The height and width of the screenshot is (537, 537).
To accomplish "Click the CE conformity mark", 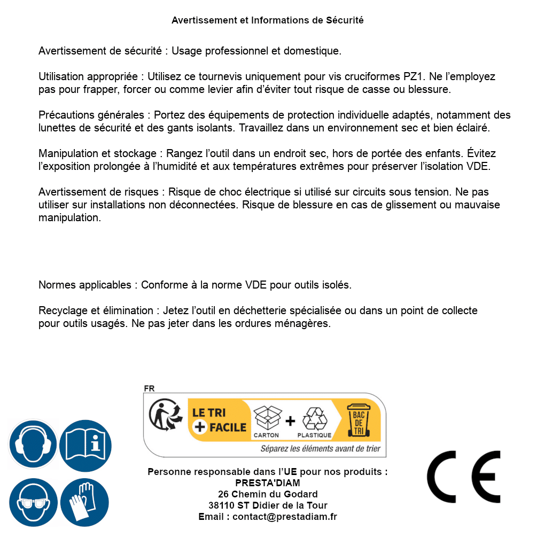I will pyautogui.click(x=463, y=477).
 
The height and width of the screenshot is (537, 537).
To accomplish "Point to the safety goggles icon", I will pyautogui.click(x=33, y=502).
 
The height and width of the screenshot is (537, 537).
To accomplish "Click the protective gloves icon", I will pyautogui.click(x=85, y=502).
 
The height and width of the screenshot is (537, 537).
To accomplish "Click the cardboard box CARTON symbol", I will pyautogui.click(x=267, y=420).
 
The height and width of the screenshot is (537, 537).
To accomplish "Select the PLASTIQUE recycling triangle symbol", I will pyautogui.click(x=314, y=420).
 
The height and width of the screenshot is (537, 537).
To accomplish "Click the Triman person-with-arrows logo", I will pyautogui.click(x=165, y=415).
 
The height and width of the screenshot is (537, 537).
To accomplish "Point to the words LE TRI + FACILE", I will pyautogui.click(x=220, y=420).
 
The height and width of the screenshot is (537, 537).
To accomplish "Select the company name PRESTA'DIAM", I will pyautogui.click(x=268, y=483).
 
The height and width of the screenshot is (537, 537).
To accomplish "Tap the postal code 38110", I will pyautogui.click(x=221, y=505).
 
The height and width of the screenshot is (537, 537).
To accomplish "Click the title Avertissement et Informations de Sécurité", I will pyautogui.click(x=268, y=20).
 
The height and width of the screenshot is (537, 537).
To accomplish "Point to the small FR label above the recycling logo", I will pyautogui.click(x=149, y=389).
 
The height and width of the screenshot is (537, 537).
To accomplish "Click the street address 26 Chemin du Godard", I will pyautogui.click(x=268, y=494).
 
